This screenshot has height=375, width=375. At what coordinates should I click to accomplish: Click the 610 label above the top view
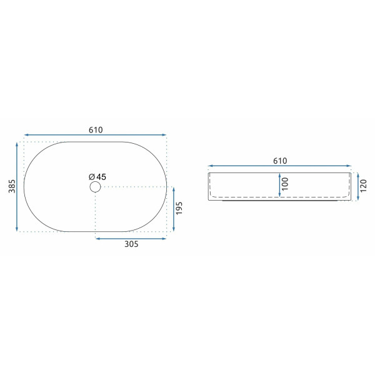pos(95,129)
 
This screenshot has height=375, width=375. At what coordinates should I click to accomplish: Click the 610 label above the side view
pos(280,161)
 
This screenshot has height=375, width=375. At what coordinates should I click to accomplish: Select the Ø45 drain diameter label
pos(97,177)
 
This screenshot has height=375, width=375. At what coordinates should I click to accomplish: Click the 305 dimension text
pos(131,244)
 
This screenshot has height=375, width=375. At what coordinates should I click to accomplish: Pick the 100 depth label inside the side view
pos(285,184)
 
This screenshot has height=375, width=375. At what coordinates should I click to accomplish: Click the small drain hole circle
pos(95,187)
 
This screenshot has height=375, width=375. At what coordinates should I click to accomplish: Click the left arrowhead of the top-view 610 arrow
pos(26,134)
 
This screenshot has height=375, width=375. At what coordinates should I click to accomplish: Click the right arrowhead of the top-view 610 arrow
pos(165,134)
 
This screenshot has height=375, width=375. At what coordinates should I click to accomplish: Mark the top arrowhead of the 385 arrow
pos(17,144)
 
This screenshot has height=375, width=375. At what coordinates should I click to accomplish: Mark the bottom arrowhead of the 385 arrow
pos(17,229)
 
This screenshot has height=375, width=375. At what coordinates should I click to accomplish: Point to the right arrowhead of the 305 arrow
pos(165,237)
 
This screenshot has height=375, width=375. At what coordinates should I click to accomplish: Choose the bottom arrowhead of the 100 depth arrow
pos(279,195)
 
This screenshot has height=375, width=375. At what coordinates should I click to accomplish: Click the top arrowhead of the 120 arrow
pos(354,173)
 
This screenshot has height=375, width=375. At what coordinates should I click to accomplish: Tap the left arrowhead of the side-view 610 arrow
pos(210,166)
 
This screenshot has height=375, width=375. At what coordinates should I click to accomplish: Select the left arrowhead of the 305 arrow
pos(97,237)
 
